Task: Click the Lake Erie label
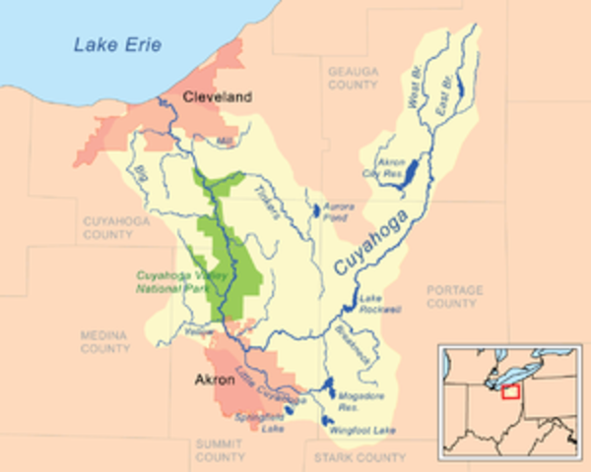(x=116, y=44)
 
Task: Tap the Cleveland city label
(x=218, y=96)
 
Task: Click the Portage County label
(x=455, y=297)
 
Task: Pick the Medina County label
(x=105, y=342)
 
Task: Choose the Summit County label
(x=220, y=451)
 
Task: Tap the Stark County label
(x=359, y=458)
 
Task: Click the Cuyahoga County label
(x=107, y=229)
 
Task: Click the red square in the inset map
(x=511, y=393)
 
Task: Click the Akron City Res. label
(x=392, y=163)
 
